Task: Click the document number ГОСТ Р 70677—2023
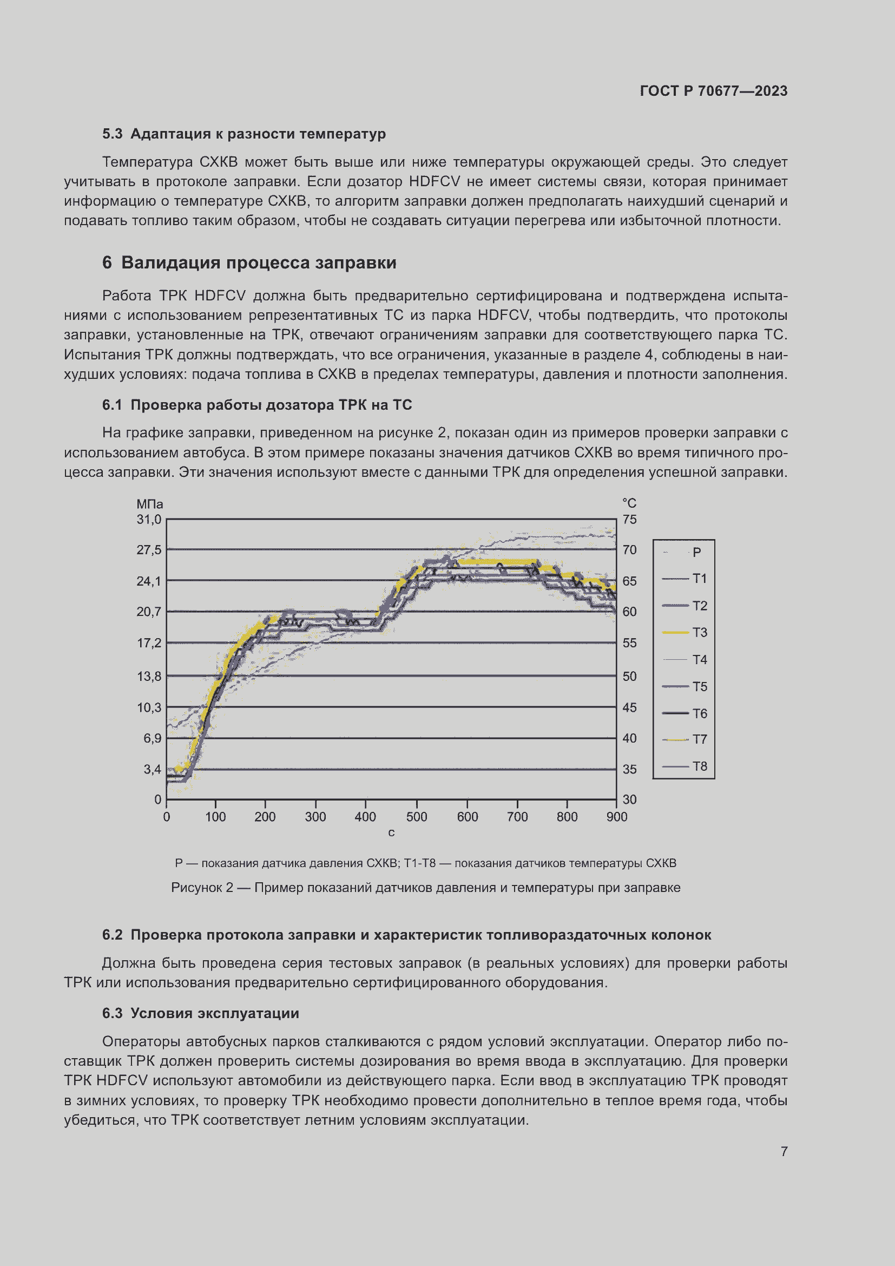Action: tap(713, 91)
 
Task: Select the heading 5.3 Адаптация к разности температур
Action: tap(244, 134)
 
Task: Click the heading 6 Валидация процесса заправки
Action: tap(249, 263)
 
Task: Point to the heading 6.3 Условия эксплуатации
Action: tap(201, 1013)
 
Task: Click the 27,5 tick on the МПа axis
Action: tap(149, 550)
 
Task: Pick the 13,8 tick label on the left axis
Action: tap(149, 676)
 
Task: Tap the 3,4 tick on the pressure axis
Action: tap(152, 769)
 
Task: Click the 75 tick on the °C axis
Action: tap(629, 520)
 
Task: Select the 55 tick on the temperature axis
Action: tap(629, 643)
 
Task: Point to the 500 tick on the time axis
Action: tap(416, 817)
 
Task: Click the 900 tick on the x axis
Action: tap(616, 817)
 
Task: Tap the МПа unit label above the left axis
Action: tap(149, 504)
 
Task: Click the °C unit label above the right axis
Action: tap(629, 503)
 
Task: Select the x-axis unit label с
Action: tap(391, 832)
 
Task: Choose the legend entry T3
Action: tap(699, 632)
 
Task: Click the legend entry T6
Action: tap(699, 713)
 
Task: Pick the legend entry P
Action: tap(696, 552)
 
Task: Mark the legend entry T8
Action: tap(699, 766)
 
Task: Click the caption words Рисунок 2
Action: tap(202, 888)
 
